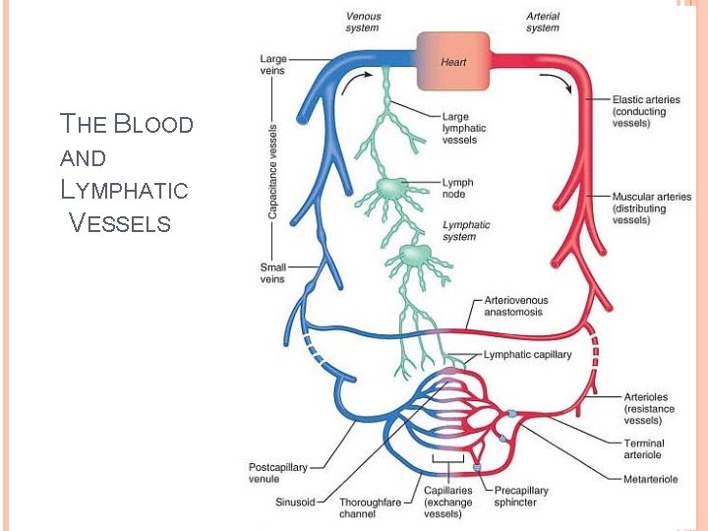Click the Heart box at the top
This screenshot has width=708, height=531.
coord(453,62)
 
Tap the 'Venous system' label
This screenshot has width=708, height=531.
coord(364,22)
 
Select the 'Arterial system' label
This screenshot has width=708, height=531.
coord(542,22)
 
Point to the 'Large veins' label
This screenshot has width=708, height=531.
coord(273,64)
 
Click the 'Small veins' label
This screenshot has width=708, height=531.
coord(273,272)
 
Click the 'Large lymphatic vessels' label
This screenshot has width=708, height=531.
coord(463,129)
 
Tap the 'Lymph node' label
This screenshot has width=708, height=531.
coord(457,188)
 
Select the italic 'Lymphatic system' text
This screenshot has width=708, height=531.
coord(466,231)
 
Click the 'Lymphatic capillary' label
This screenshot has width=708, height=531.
coord(527,355)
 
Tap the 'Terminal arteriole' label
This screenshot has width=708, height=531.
coord(644,449)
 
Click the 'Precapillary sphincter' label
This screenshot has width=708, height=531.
coord(521,497)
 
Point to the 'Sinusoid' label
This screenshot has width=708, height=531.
coord(295,501)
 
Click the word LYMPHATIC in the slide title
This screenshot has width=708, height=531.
coord(124,189)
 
